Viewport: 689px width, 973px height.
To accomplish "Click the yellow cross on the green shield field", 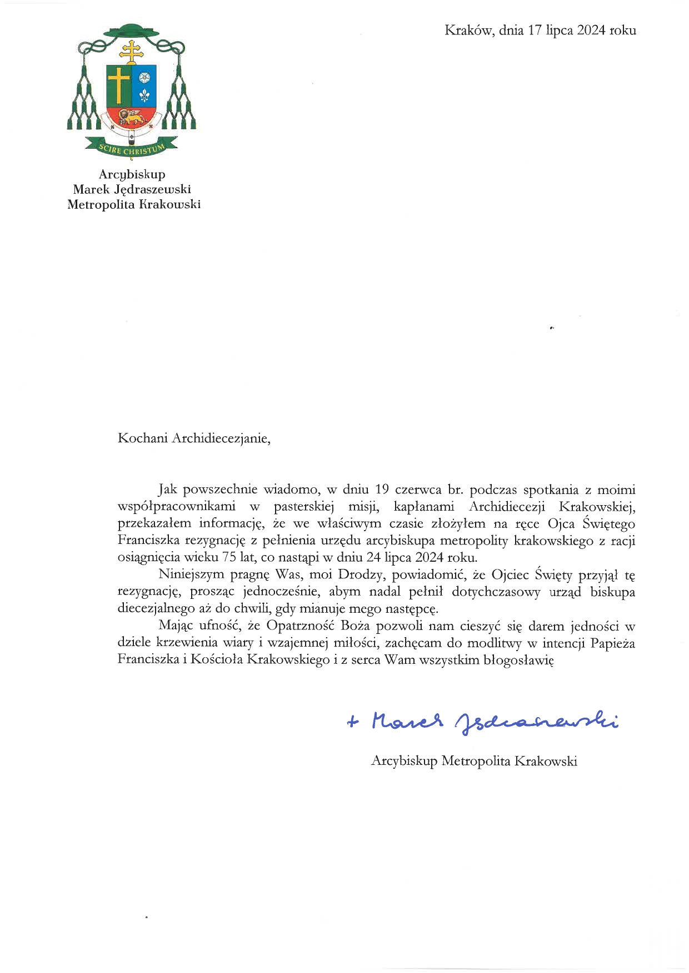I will [118, 84].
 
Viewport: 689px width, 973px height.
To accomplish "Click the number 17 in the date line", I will [535, 31].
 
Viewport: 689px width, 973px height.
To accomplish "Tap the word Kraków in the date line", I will [468, 31].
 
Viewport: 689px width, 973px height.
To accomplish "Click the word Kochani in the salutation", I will [143, 438].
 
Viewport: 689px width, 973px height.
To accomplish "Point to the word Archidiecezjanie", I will [221, 438].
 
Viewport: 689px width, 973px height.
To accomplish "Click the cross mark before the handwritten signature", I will [353, 722].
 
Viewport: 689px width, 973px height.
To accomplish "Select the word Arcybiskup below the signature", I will [404, 761].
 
